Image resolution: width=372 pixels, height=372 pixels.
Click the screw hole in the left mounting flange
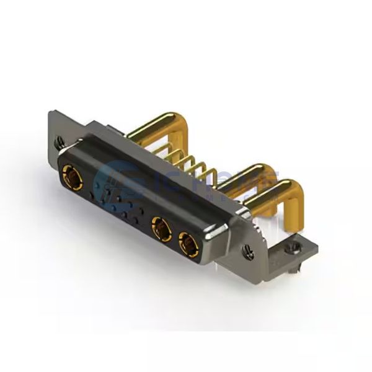[60, 141]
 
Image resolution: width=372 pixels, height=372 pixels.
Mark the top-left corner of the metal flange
[51, 112]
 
